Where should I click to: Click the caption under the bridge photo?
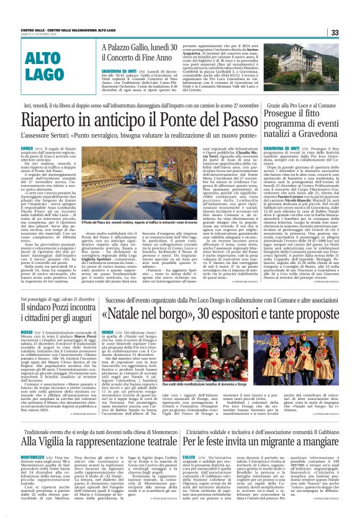coord(133,221)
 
